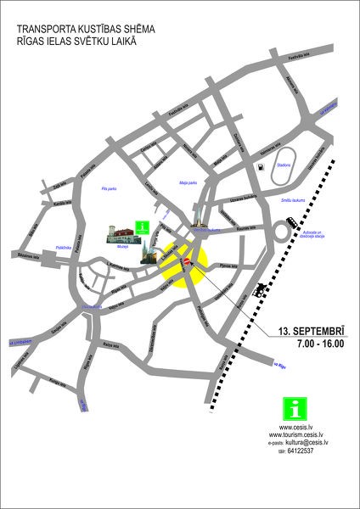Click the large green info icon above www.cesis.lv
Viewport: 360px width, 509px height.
click(x=291, y=407)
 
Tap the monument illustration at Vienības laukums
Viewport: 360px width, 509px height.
click(x=200, y=219)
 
